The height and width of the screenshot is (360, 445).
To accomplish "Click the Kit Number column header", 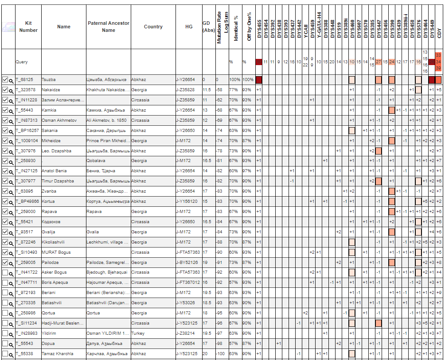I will pyautogui.click(x=28, y=27).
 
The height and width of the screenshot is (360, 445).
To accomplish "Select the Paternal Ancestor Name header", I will pyautogui.click(x=108, y=27).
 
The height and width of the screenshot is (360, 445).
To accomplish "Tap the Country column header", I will pyautogui.click(x=153, y=27).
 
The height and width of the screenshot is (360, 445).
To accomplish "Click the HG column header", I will pyautogui.click(x=189, y=27).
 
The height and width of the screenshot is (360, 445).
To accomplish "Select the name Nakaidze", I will pyautogui.click(x=51, y=90).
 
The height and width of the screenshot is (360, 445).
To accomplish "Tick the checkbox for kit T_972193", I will pyautogui.click(x=5, y=293).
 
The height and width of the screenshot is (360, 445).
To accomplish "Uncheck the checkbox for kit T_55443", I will pyautogui.click(x=5, y=110).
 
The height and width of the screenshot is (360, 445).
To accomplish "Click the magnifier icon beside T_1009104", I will pyautogui.click(x=11, y=141).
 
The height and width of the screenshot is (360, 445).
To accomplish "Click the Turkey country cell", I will pyautogui.click(x=137, y=333).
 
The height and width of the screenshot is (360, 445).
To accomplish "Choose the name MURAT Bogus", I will pyautogui.click(x=56, y=252).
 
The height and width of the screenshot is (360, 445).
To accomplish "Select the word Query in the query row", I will pyautogui.click(x=21, y=62).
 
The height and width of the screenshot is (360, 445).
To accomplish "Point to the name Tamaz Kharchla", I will pyautogui.click(x=57, y=354).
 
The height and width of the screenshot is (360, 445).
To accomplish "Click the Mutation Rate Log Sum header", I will pyautogui.click(x=222, y=27).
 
